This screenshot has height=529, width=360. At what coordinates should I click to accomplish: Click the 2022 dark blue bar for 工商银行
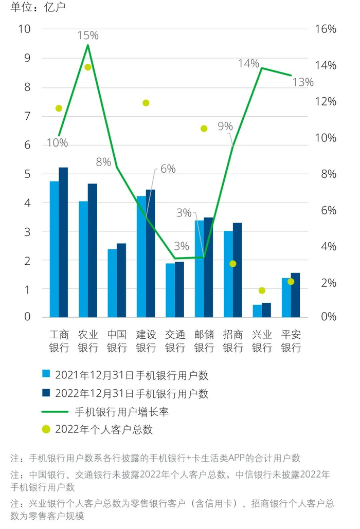pyautogui.click(x=63, y=242)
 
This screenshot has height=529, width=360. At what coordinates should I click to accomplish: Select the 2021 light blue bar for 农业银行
pyautogui.click(x=83, y=259)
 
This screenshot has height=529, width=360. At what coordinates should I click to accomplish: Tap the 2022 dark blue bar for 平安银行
pyautogui.click(x=295, y=295)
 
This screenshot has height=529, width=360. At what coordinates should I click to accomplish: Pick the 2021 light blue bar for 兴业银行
pyautogui.click(x=257, y=311)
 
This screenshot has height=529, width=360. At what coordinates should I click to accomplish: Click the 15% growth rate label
pyautogui.click(x=88, y=35)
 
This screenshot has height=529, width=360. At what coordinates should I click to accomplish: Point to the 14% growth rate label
pyautogui.click(x=248, y=64)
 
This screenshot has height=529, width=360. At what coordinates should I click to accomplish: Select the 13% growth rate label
pyautogui.click(x=302, y=82)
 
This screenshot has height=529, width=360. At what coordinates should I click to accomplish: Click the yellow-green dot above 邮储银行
pyautogui.click(x=204, y=129)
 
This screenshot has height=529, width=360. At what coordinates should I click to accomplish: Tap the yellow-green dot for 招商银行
pyautogui.click(x=233, y=264)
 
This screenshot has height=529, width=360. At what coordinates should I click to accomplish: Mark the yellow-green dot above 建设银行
pyautogui.click(x=146, y=103)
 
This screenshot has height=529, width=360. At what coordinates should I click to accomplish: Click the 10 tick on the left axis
pyautogui.click(x=25, y=29)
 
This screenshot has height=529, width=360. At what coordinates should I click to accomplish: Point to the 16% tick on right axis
pyautogui.click(x=325, y=29)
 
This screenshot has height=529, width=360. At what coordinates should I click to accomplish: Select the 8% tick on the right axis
pyautogui.click(x=325, y=174)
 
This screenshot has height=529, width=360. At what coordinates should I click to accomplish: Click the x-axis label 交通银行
pyautogui.click(x=175, y=341)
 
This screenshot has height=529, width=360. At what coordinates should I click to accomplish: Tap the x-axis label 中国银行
pyautogui.click(x=117, y=341)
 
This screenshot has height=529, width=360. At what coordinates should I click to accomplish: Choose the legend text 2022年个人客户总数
pyautogui.click(x=104, y=430)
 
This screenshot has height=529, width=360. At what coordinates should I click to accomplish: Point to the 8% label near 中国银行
pyautogui.click(x=103, y=162)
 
